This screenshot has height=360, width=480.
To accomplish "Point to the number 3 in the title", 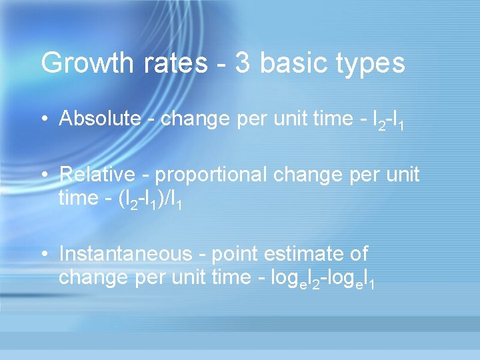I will point(244,63).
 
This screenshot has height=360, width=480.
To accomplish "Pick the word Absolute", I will point(100,119).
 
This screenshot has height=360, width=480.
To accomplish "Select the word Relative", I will point(98,175).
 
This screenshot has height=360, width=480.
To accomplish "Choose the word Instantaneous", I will point(125,254).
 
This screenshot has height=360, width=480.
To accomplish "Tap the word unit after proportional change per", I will point(399,175).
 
